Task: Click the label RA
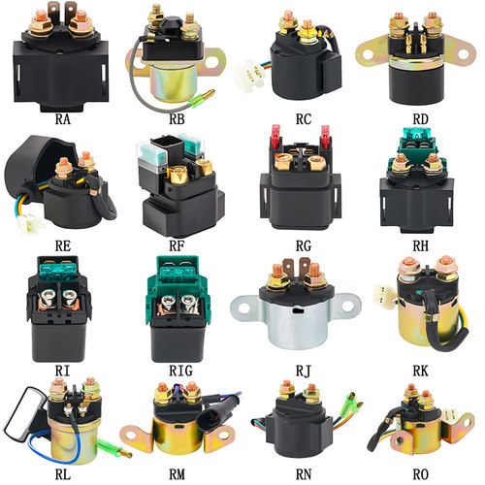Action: coord(63,119)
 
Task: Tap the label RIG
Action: coord(180,371)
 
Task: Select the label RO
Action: coord(420,474)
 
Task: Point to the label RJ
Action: coord(303,371)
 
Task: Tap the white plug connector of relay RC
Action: coord(249,76)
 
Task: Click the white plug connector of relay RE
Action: coord(30,224)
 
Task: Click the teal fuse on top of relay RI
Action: coord(58,270)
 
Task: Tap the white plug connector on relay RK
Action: coord(385,296)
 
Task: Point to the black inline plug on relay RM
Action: coord(214,415)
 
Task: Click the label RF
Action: coord(177,246)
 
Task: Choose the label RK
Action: coord(420,371)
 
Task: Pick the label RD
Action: coord(420,119)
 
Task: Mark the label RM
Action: coord(177,474)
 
